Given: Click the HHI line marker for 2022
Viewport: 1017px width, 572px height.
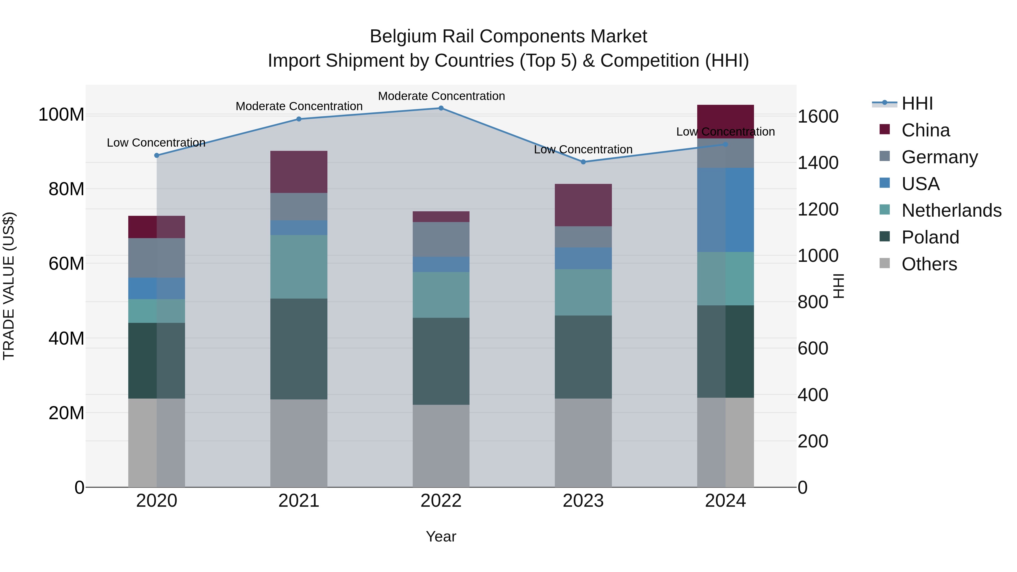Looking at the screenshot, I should click(x=441, y=108).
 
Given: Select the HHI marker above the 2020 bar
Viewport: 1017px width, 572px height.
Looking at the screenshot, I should click(x=157, y=156).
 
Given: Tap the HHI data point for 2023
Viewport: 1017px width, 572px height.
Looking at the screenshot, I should click(x=583, y=162).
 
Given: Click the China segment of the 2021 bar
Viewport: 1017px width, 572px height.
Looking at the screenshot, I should click(x=299, y=172).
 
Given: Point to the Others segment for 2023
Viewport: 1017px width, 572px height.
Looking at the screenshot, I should click(x=583, y=443).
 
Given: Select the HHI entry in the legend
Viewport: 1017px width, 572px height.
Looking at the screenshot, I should click(x=917, y=103).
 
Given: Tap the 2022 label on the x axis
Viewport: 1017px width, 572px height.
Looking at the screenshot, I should click(x=441, y=501).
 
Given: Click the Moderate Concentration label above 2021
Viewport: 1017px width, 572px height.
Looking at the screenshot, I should click(x=299, y=106).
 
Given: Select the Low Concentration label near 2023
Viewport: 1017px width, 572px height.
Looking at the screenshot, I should click(x=583, y=150).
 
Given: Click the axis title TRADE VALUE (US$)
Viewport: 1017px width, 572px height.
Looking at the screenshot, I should click(x=9, y=286).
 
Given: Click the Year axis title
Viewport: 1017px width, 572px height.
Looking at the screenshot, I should click(x=441, y=536).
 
